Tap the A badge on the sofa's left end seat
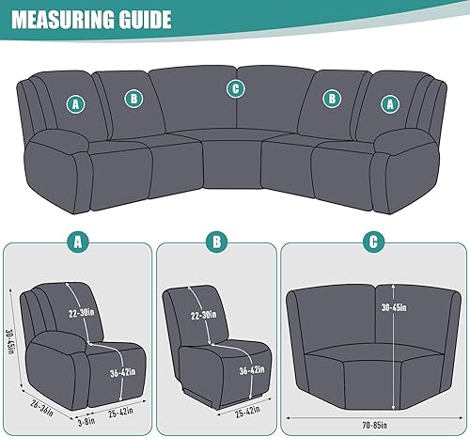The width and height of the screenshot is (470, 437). [x=74, y=105]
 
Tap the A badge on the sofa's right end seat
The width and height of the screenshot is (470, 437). [x=389, y=105]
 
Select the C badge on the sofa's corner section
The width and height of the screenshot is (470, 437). [x=235, y=89]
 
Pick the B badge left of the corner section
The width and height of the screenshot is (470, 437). [x=133, y=98]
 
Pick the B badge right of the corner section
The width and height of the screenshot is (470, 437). [x=331, y=98]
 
